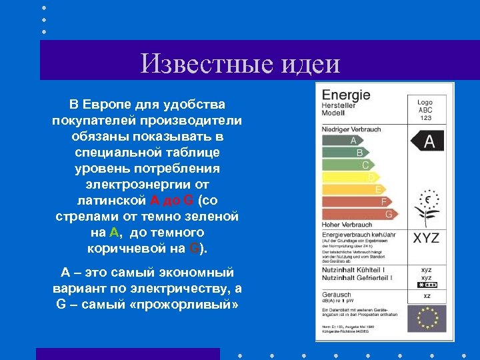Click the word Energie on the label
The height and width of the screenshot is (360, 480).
tap(346, 95)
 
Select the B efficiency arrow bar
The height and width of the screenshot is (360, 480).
tap(348, 153)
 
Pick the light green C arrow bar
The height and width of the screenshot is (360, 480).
tap(353, 165)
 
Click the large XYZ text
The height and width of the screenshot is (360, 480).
tap(426, 238)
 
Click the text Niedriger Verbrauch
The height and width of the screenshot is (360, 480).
tap(351, 129)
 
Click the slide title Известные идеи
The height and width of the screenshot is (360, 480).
tap(241, 64)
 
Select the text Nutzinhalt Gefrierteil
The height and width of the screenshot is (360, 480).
tap(356, 277)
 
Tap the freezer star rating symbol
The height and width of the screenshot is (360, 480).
tap(426, 284)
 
